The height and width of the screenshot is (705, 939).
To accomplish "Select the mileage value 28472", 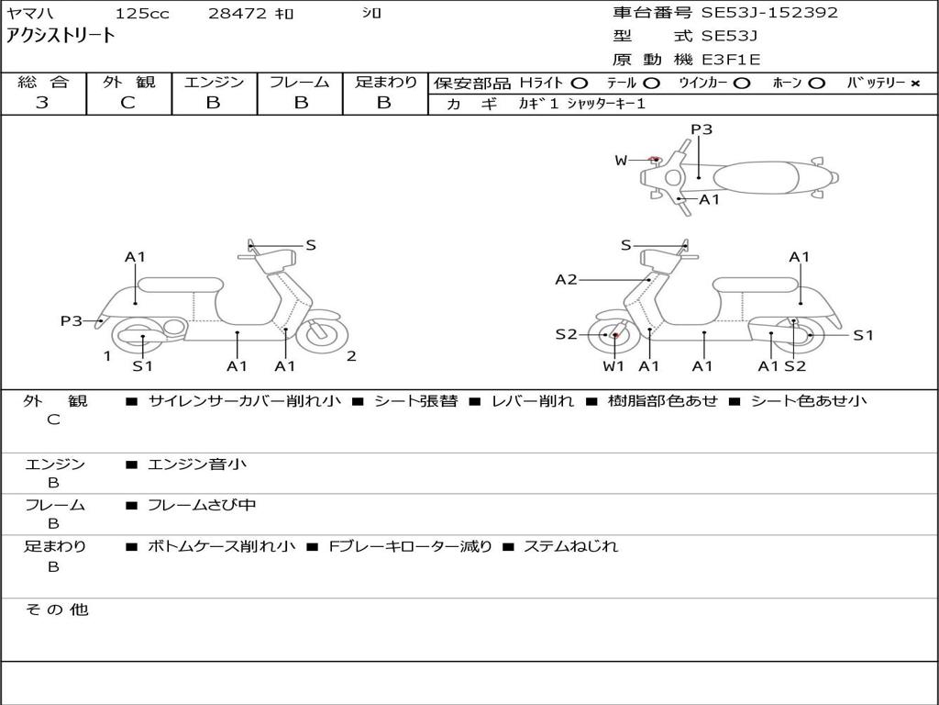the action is (x=237, y=13).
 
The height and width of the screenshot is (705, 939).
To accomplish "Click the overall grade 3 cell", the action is (x=42, y=103).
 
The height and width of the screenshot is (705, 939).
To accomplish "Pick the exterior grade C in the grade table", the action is (x=127, y=103).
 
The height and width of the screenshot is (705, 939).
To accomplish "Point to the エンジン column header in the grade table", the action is (x=214, y=83).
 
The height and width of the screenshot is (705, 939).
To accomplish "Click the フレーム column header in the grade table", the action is (x=300, y=83).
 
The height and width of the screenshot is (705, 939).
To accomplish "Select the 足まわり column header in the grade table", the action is (x=385, y=83).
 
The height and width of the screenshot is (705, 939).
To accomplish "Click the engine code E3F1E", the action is (x=731, y=60).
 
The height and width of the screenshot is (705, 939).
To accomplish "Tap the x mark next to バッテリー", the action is (x=914, y=84).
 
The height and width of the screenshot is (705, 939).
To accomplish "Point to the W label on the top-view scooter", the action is (x=621, y=161).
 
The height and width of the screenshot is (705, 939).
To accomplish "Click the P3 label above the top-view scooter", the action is (x=701, y=129).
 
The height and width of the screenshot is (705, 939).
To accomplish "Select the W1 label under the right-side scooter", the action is (x=613, y=366).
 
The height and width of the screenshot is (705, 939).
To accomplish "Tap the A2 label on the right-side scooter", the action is (x=566, y=280).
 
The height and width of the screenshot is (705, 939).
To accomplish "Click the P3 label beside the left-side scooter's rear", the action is (x=72, y=321).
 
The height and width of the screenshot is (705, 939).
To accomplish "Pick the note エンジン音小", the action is (x=197, y=464).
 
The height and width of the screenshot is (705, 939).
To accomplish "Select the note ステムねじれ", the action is (x=570, y=546).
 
